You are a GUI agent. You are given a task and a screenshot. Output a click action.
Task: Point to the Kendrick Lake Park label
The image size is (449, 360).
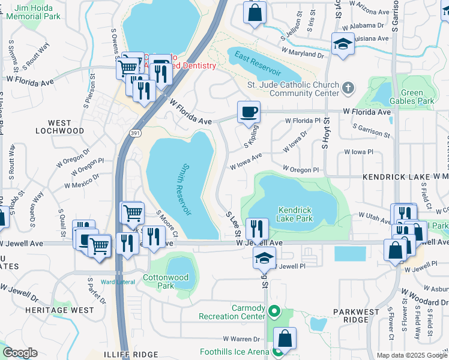tap(295, 214)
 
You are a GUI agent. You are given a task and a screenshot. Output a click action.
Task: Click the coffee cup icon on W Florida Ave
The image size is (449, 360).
tap(249, 112)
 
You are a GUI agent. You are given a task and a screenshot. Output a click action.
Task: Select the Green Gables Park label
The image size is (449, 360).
tap(417, 97)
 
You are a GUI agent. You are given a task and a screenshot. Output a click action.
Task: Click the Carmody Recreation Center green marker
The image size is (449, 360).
tap(274, 311)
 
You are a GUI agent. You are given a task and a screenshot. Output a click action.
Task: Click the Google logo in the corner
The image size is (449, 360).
tap(20, 353)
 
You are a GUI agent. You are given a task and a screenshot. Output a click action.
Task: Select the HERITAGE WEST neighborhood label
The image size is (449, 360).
tap(59, 310)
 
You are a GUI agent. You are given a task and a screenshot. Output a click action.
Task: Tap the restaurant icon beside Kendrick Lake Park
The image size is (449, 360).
tap(257, 229)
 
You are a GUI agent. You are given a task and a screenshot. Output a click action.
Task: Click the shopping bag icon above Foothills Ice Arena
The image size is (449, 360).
tap(285, 338)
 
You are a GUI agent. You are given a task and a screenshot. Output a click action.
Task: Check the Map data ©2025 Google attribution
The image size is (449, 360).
tap(412, 355)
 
